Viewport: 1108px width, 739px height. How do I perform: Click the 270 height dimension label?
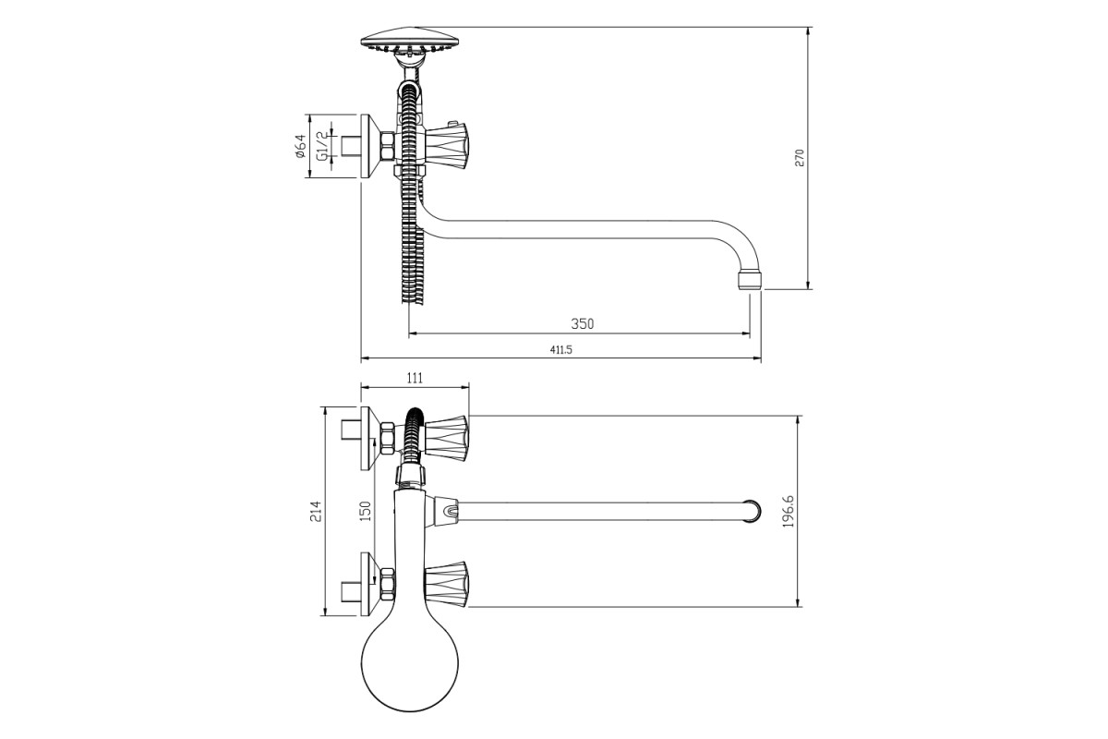800,158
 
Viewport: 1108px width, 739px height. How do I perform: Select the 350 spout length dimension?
583,323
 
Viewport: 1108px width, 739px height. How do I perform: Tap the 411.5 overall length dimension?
561,349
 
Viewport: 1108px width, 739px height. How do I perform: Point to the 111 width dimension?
415,378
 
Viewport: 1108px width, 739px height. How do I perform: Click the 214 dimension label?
316,512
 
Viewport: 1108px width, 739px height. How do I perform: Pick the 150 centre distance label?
365,512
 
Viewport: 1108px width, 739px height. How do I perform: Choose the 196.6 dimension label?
788,511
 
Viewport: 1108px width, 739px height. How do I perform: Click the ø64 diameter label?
300,147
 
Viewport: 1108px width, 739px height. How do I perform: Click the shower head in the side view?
411,40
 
